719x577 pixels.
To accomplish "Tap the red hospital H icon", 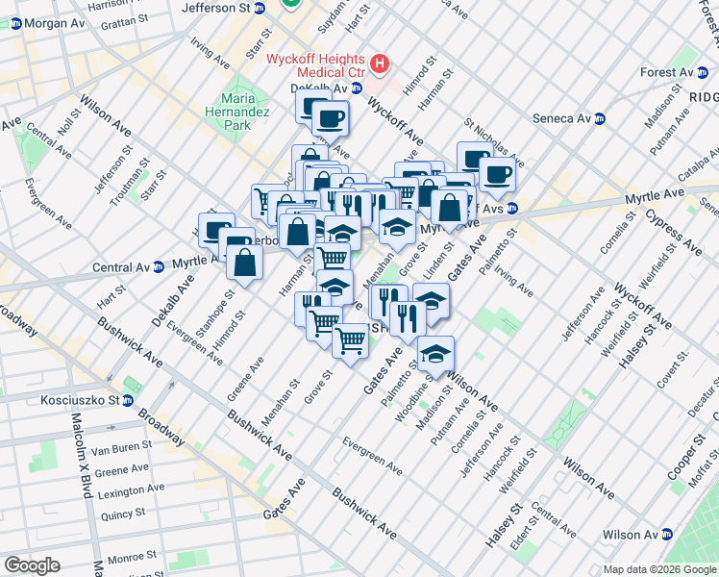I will point(381,64).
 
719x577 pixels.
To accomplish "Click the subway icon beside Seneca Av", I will point(600,118).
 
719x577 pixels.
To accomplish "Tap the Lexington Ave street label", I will point(122,492).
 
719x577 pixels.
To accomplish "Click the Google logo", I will point(33,565).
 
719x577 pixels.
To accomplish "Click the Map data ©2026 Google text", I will point(658,569).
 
